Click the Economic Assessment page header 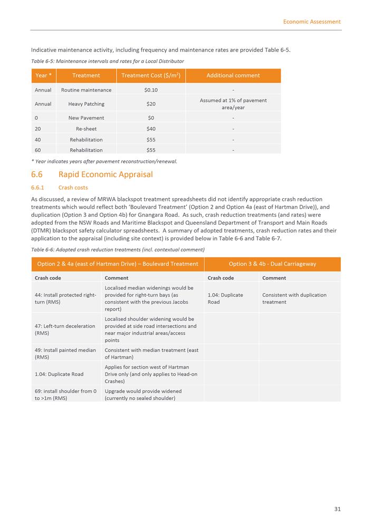[x=311, y=22]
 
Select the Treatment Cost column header [x=151, y=75]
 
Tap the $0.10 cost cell [x=151, y=90]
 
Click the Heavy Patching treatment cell [x=87, y=104]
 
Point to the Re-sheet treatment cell [x=87, y=129]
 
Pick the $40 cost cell [x=151, y=129]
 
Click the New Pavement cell [x=87, y=118]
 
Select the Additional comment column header [x=233, y=75]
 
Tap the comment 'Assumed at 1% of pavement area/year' [x=233, y=103]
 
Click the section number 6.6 [x=37, y=175]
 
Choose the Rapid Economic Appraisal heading [x=106, y=175]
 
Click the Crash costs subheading [x=73, y=188]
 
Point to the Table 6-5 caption [x=107, y=61]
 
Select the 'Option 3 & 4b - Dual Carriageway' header [x=272, y=264]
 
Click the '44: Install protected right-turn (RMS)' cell [x=65, y=298]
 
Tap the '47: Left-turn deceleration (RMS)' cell [x=65, y=330]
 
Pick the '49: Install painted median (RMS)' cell [x=65, y=353]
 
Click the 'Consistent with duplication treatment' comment [x=294, y=298]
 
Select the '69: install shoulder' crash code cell [x=65, y=394]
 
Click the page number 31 [x=337, y=509]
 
